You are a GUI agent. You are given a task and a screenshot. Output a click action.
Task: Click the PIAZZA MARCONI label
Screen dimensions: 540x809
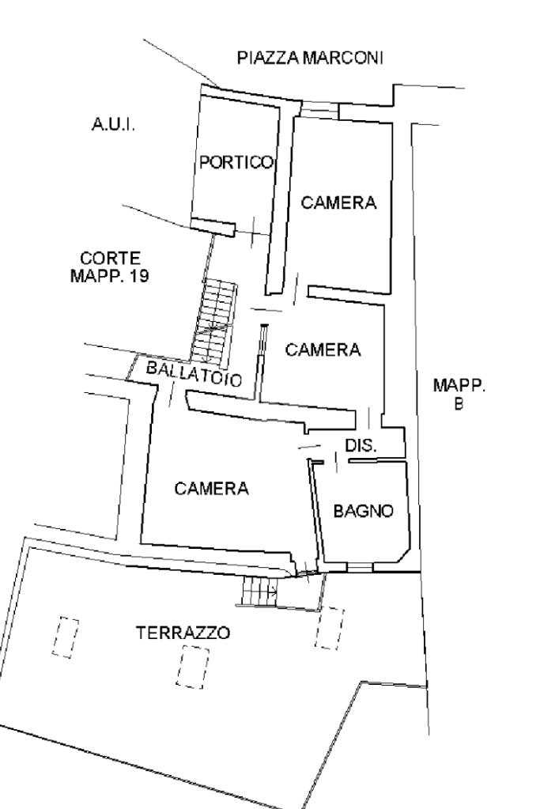(x=310, y=58)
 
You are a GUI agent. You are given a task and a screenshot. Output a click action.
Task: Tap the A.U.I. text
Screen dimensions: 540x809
(x=114, y=124)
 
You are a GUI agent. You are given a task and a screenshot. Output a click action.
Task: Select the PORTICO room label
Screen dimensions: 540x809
(x=236, y=163)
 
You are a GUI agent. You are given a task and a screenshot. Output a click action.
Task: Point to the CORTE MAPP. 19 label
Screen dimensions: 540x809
(x=110, y=267)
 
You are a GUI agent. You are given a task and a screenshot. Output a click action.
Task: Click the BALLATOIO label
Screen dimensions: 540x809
(x=194, y=373)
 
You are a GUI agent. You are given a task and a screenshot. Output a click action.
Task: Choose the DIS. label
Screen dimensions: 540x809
(x=361, y=445)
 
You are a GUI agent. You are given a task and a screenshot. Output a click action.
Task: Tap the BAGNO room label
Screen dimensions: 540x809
(x=364, y=511)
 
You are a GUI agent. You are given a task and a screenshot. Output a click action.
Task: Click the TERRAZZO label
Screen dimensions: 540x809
(x=183, y=633)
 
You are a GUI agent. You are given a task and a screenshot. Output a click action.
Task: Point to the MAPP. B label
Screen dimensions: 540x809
(x=459, y=394)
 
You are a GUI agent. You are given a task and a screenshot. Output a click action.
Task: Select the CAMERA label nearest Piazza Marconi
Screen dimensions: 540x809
(x=339, y=202)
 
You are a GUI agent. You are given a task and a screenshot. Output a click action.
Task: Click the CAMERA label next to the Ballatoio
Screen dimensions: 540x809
(x=323, y=350)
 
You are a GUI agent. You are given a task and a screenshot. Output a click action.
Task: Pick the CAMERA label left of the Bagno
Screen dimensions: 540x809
(x=211, y=488)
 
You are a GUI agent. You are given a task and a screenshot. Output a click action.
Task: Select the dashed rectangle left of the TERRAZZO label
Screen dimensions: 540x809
(x=66, y=637)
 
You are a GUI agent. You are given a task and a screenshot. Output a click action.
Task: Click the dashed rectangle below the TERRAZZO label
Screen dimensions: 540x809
(x=193, y=667)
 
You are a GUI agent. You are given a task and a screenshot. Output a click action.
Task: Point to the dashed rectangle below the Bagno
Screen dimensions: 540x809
(x=330, y=627)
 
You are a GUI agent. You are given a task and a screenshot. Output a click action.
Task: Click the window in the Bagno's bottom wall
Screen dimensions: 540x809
(x=360, y=567)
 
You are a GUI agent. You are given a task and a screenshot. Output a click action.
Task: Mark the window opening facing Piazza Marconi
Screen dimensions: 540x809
(x=319, y=110)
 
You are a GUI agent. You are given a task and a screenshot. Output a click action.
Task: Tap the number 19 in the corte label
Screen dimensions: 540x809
(x=139, y=276)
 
